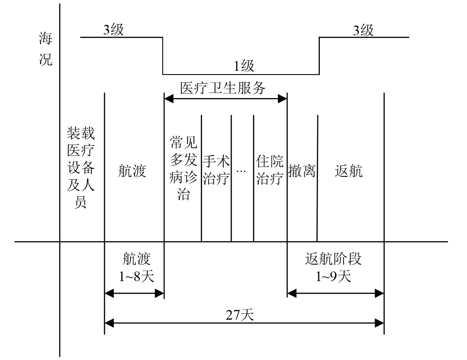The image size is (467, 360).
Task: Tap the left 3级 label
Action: (x=113, y=30)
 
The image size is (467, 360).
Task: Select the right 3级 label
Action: (x=363, y=30)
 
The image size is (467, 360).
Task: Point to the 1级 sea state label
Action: (x=244, y=66)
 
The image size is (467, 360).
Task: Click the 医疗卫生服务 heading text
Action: (x=223, y=88)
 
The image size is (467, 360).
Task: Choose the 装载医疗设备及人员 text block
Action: (x=81, y=168)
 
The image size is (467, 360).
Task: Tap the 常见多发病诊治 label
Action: (x=183, y=168)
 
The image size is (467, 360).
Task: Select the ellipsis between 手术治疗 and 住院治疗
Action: (x=241, y=171)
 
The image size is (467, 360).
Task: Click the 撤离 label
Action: (x=302, y=171)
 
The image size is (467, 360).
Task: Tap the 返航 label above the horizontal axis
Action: (x=349, y=171)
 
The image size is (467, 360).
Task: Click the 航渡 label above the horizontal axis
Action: (x=132, y=171)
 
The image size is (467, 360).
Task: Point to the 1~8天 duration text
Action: (x=136, y=276)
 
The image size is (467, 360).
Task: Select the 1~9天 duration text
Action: (x=333, y=276)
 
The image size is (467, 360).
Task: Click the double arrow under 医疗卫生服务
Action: (x=225, y=99)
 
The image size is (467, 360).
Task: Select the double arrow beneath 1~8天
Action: (x=134, y=294)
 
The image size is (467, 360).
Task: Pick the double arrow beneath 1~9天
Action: (x=335, y=294)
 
